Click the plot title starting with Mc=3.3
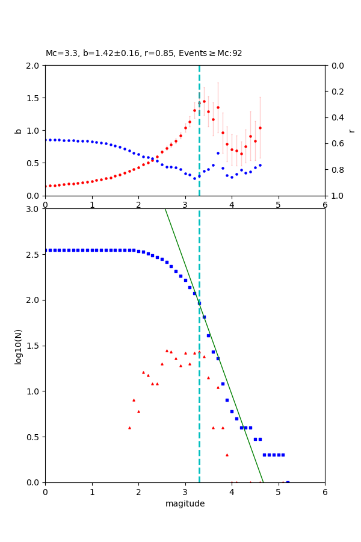point(144,54)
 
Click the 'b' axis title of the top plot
point(18,131)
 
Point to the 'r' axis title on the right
point(351,131)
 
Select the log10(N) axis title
point(18,346)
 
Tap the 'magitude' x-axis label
point(185,504)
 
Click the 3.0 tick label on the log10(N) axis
point(34,209)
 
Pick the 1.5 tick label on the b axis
point(34,98)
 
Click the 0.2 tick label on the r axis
point(336,92)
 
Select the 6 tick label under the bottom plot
point(325,492)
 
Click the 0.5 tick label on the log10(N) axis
point(34,437)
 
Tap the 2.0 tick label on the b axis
point(34,66)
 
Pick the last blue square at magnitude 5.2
point(288,482)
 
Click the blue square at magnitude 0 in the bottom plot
point(46,250)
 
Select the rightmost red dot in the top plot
point(260,128)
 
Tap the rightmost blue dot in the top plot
point(260,165)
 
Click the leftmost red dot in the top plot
point(46,186)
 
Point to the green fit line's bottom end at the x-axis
point(263,482)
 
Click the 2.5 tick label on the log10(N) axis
point(34,255)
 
